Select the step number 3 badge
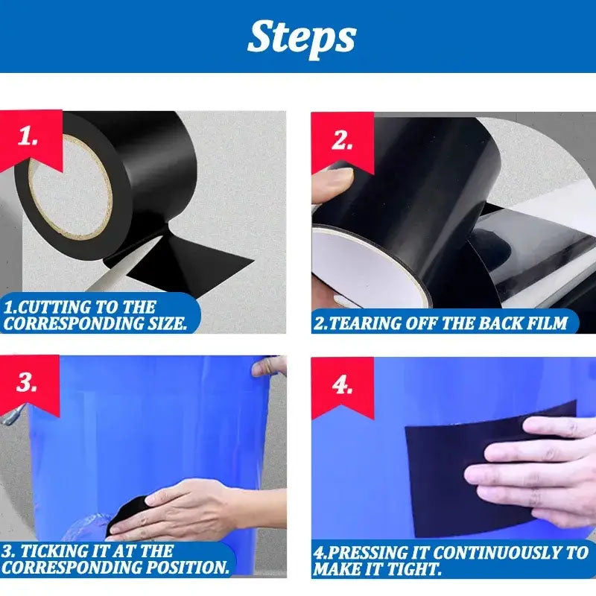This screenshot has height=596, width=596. pos(28,383)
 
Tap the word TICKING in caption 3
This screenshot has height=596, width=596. pos(52,552)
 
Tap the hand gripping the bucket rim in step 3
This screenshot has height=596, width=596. pos(270,366)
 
